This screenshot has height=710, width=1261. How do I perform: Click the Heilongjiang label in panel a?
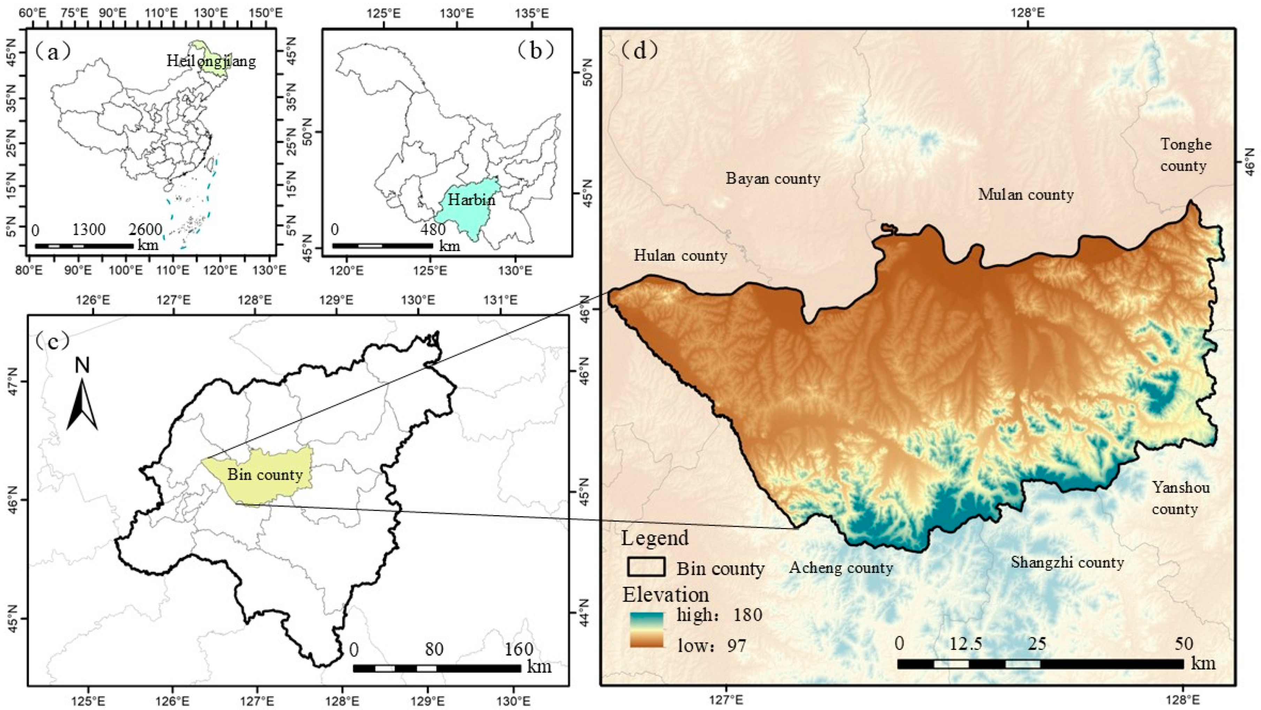pos(211,61)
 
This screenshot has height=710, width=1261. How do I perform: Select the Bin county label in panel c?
pos(265,475)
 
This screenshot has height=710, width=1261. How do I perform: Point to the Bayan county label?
pos(772,178)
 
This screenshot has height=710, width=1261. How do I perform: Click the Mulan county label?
pos(1026,195)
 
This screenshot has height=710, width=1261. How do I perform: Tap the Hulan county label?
pos(680,255)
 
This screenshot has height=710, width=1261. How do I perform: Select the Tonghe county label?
pos(1185,155)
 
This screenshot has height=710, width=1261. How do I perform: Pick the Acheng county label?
pos(841,567)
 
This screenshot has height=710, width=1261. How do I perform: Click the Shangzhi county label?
pos(1067,562)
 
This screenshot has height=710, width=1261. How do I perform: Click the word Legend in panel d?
pos(655,538)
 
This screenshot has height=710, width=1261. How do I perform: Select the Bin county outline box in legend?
pos(646,567)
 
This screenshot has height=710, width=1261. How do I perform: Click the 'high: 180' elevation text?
pos(719,614)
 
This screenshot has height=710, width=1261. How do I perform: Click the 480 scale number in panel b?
pos(433,229)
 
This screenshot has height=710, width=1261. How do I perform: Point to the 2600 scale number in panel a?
pos(145,229)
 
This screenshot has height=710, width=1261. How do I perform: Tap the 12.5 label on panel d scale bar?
pos(965,644)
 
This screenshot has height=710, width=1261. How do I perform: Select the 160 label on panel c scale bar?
pos(519,649)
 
